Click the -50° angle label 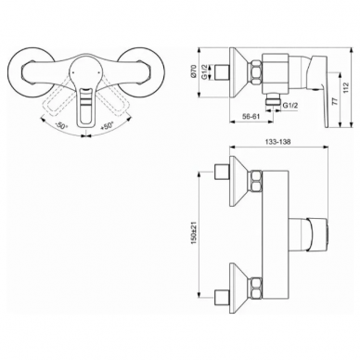tap(61, 126)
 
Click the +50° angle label tap(107, 126)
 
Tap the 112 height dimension tap(345, 87)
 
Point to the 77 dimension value tap(334, 101)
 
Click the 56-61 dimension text tap(250, 116)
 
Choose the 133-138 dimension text tap(277, 141)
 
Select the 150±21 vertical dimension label tap(194, 233)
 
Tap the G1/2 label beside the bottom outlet tap(290, 105)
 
